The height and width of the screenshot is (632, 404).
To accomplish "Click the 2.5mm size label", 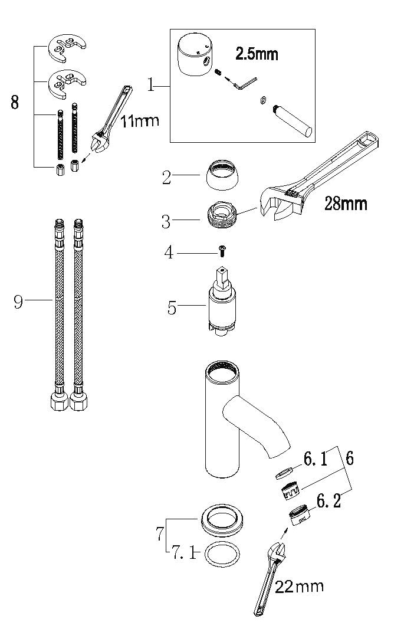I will (257, 54).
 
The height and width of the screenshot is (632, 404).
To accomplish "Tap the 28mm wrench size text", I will (346, 204).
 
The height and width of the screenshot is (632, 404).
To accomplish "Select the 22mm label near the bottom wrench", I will (301, 586).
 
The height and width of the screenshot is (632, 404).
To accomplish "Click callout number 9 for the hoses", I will (18, 302).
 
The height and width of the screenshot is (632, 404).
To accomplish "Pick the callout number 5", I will (172, 308).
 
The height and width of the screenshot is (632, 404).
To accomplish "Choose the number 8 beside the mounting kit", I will (15, 102).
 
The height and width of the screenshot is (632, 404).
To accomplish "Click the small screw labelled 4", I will (222, 252).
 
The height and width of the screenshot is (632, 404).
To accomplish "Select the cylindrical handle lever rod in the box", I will (295, 120).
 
